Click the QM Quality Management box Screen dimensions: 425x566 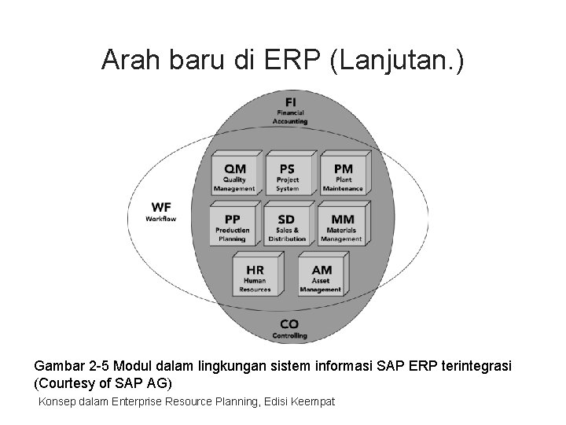233,176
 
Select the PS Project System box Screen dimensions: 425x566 287,176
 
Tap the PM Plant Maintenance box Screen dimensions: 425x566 342,176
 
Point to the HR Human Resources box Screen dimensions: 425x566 254,274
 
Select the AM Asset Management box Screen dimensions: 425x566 321,274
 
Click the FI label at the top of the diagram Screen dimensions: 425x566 290,109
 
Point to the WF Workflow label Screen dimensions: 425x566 160,211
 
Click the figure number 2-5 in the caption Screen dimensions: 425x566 101,366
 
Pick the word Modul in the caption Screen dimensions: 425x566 138,366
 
